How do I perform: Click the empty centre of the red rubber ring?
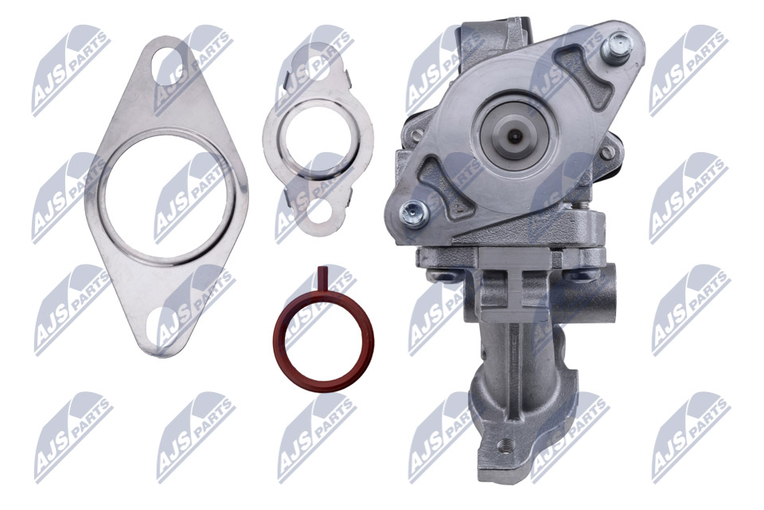tap(323, 338)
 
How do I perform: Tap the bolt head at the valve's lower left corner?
tap(412, 211)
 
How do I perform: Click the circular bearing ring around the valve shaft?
tap(516, 135)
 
